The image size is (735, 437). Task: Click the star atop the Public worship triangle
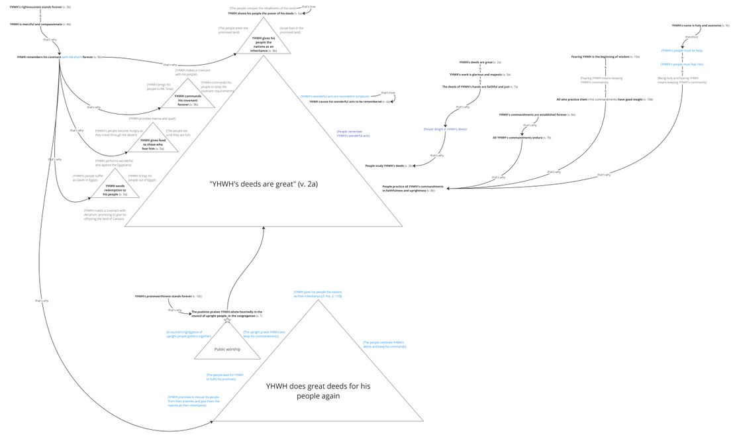point(228,320)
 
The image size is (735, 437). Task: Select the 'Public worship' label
point(227,349)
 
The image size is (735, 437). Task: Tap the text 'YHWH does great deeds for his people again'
point(303,391)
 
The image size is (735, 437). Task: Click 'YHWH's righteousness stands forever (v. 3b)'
point(40,7)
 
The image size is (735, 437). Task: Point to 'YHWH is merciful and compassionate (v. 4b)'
point(40,24)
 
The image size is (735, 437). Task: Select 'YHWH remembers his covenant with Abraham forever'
point(59,57)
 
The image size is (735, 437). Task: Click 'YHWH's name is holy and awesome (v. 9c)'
point(701,26)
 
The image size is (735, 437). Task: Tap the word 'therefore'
point(691,37)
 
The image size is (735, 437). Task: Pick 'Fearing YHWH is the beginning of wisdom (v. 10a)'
point(605,57)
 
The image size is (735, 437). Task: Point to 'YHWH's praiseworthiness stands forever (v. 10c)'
point(168,296)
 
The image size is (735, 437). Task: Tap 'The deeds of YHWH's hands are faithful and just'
point(479,87)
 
